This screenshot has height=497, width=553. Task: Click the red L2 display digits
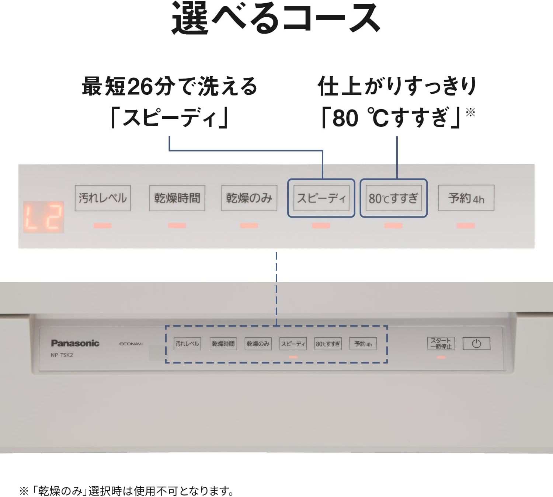[x=44, y=217]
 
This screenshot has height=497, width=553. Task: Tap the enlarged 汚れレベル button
[x=103, y=198]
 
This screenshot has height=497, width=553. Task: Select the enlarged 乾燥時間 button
[x=177, y=198]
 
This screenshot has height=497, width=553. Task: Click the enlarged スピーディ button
[x=321, y=198]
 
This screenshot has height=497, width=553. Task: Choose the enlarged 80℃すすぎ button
[x=394, y=198]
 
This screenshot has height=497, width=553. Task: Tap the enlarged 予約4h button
[x=466, y=198]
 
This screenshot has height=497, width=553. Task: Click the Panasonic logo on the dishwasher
[x=75, y=343]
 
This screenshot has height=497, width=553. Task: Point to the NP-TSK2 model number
[x=62, y=355]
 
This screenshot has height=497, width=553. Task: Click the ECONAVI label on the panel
[x=131, y=344]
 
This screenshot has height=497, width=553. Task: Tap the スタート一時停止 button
[x=441, y=343]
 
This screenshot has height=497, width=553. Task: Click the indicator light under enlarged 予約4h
[x=466, y=226]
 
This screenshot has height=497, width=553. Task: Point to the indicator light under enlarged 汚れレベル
[x=102, y=226]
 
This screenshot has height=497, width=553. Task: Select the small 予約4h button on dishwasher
[x=363, y=344]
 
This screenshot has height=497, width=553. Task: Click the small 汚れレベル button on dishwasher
[x=187, y=344]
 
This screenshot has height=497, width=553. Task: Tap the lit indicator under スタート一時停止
[x=441, y=357]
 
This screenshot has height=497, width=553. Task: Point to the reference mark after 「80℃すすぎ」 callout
[x=470, y=112]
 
